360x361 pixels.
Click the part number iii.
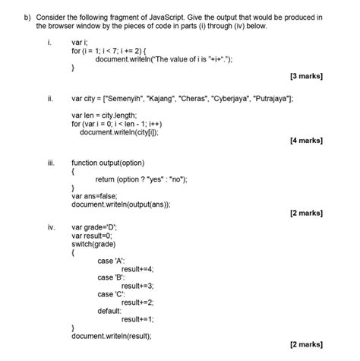click(x=49, y=163)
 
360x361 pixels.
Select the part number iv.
click(x=50, y=226)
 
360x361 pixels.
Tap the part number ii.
click(x=49, y=99)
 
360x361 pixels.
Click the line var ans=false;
click(x=99, y=195)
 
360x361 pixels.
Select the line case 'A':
click(x=112, y=261)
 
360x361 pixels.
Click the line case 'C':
click(x=112, y=293)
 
